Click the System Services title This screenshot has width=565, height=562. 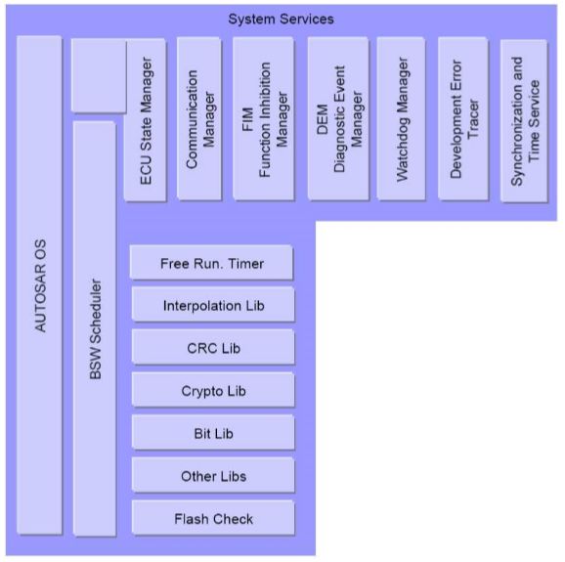coord(282,20)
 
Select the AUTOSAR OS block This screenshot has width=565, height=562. coord(39,285)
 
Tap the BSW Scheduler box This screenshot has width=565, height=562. coord(95,328)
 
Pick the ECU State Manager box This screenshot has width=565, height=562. coord(146,120)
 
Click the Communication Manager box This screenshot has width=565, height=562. coord(199,118)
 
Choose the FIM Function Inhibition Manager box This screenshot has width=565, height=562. coord(263,118)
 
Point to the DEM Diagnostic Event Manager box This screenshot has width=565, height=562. coord(338,118)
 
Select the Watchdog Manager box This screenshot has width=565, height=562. coord(401,118)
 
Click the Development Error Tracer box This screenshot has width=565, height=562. coord(463,118)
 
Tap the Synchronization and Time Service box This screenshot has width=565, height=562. coord(524,120)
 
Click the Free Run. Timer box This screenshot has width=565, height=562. coord(211,263)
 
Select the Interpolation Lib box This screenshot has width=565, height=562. coord(213,305)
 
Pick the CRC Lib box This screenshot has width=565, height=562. coord(213,347)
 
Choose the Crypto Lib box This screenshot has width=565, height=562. coord(213,390)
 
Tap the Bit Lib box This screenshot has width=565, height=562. coord(213,432)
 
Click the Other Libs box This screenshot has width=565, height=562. coord(213,475)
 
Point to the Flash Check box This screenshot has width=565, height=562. coord(213,518)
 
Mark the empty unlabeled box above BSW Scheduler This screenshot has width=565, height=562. coord(99,75)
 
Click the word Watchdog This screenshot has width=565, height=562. coord(403,140)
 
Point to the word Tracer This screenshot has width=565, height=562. coord(473,119)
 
